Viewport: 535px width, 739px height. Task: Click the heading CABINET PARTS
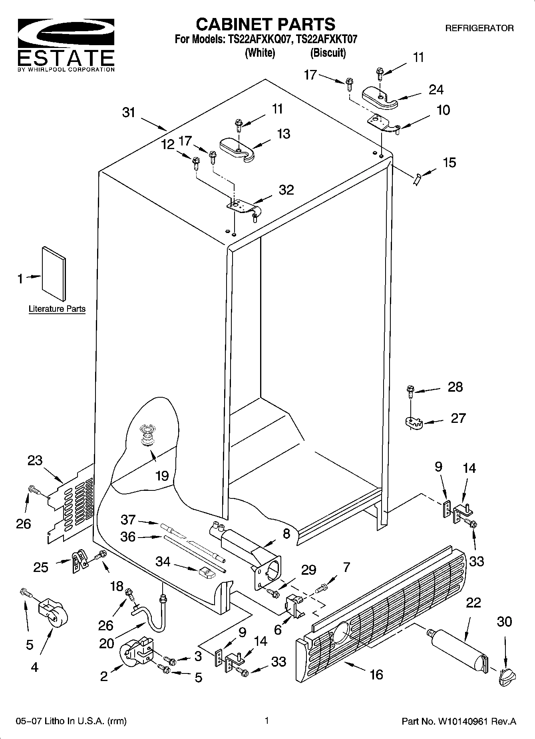[x=265, y=24]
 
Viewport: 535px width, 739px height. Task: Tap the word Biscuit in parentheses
[x=328, y=53]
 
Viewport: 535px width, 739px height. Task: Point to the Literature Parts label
[x=57, y=309]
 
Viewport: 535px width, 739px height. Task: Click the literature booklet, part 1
[x=54, y=273]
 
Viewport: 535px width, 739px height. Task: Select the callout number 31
[x=129, y=113]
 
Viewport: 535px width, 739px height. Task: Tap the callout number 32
[x=286, y=189]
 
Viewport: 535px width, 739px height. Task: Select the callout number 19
[x=162, y=476]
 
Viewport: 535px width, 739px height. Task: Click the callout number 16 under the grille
[x=376, y=675]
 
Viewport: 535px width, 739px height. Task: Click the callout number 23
[x=35, y=460]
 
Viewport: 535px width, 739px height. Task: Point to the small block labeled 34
[x=206, y=572]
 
